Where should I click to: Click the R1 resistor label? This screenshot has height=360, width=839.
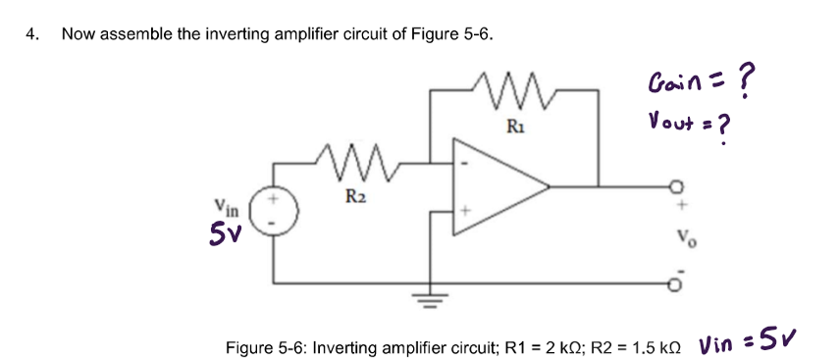[x=515, y=126]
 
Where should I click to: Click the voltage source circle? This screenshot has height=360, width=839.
[x=272, y=214]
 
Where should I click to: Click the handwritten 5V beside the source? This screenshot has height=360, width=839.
[x=224, y=235]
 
